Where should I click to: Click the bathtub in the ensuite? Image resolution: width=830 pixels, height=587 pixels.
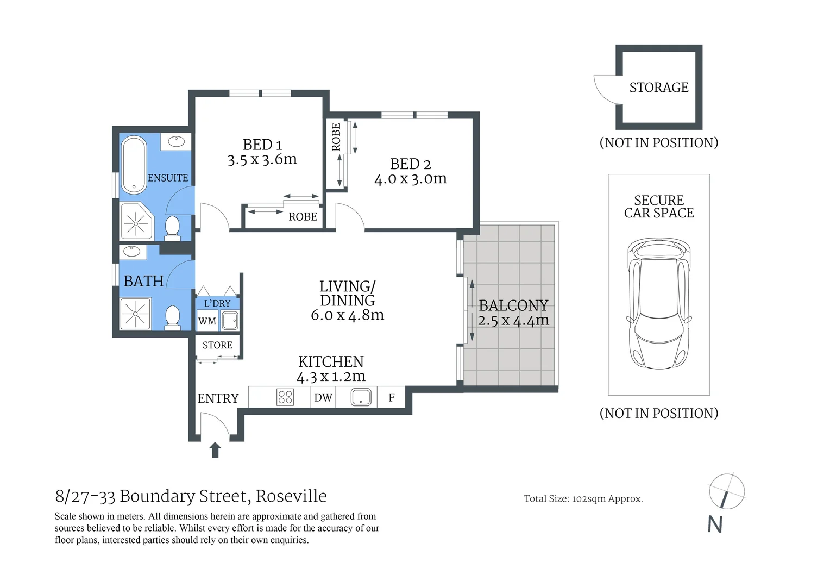[x=134, y=165]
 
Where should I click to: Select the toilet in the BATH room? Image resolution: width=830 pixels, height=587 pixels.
[x=172, y=317]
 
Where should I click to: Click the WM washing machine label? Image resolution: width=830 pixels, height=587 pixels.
[x=207, y=321]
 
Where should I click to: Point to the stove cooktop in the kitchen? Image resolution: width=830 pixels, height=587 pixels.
[x=285, y=397]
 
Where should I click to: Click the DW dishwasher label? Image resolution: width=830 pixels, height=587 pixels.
[x=323, y=398]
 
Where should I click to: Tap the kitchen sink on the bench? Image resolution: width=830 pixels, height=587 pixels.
[x=361, y=397]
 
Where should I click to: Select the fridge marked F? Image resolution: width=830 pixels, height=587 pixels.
[x=391, y=398]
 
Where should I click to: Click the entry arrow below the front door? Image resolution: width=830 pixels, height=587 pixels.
[x=215, y=450]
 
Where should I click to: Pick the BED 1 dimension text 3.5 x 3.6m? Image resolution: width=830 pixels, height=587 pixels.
[x=262, y=160]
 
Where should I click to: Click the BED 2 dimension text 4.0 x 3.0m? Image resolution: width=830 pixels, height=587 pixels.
[x=410, y=179]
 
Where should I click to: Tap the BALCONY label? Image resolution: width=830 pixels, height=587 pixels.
[x=513, y=305]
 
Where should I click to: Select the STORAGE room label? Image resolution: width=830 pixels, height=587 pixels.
[x=658, y=88]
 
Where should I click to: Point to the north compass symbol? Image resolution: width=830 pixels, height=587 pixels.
[x=726, y=492]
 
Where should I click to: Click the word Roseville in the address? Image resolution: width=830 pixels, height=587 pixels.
[x=291, y=496]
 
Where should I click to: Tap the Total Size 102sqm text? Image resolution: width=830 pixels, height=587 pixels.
[x=583, y=499]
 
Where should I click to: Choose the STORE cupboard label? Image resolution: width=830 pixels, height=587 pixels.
[x=217, y=345]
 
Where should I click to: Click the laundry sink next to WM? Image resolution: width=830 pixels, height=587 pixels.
[x=230, y=321]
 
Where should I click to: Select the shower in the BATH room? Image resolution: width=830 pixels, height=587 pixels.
[x=135, y=314]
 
